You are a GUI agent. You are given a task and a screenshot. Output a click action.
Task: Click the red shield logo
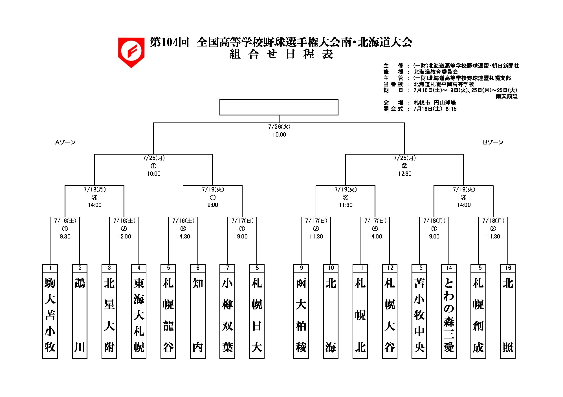click(131, 52)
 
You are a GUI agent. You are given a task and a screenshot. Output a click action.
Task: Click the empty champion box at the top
click(279, 107)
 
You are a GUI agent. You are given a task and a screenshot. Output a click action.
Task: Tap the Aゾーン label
click(65, 142)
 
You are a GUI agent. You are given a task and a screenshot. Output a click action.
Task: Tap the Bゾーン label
click(493, 142)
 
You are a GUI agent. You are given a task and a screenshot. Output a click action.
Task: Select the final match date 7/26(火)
click(279, 127)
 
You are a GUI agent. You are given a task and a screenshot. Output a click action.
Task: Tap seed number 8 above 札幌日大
click(257, 268)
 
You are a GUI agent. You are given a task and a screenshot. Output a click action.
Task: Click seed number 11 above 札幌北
click(360, 268)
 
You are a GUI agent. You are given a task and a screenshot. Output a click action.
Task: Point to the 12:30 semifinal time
click(404, 174)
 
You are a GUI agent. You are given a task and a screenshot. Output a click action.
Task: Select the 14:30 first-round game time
click(183, 237)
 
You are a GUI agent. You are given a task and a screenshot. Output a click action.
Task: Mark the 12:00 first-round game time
click(124, 237)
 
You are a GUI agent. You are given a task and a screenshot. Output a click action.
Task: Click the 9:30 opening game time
click(65, 237)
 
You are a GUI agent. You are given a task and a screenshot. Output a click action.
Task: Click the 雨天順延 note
click(507, 96)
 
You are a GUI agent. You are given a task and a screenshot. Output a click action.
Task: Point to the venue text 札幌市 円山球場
click(435, 102)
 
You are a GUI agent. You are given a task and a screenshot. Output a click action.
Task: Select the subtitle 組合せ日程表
click(281, 54)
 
